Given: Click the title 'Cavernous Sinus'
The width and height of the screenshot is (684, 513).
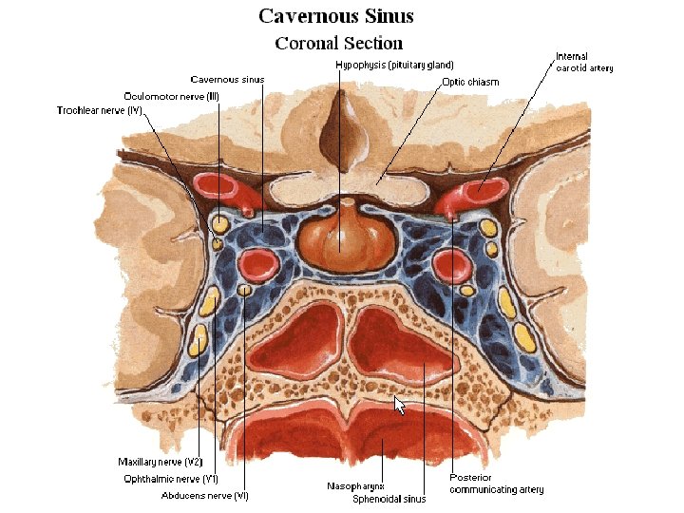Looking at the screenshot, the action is click(x=336, y=17).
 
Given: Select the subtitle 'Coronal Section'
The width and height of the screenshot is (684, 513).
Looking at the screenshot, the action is click(x=338, y=44).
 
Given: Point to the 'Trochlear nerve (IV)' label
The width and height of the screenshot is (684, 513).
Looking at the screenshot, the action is click(x=99, y=111).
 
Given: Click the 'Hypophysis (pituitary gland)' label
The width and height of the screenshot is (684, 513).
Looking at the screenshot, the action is click(x=388, y=65).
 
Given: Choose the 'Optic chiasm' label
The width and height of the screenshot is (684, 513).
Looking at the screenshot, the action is click(x=470, y=82).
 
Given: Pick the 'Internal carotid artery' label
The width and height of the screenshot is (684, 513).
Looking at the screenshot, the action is click(x=584, y=63).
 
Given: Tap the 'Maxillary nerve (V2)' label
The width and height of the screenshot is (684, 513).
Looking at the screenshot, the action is click(x=160, y=462).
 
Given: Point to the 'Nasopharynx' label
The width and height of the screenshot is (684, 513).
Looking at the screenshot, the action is click(x=354, y=485).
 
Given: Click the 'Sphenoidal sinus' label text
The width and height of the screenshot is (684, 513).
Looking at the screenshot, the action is click(x=389, y=498).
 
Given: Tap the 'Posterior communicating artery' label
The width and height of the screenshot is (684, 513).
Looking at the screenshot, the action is click(x=496, y=484).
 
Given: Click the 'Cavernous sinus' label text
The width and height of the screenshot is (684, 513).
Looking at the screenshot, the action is click(x=227, y=80).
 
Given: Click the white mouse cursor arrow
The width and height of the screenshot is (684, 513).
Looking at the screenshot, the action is click(x=400, y=406).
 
